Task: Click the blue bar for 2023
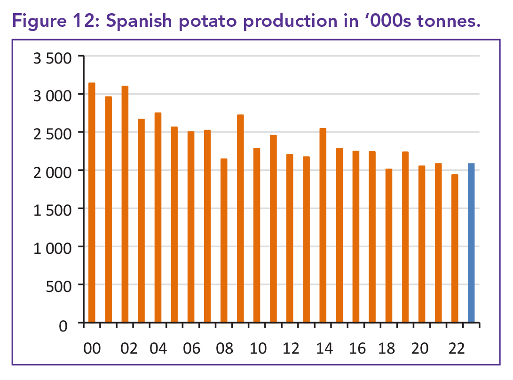(471, 243)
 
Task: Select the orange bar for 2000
(92, 203)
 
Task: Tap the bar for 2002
(125, 204)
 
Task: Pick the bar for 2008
(224, 241)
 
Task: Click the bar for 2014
(323, 226)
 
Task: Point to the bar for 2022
(455, 249)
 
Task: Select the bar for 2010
(257, 235)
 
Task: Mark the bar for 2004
(158, 218)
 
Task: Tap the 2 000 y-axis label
(52, 171)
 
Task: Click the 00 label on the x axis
(92, 348)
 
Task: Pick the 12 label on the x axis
(292, 348)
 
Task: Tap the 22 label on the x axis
(456, 348)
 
